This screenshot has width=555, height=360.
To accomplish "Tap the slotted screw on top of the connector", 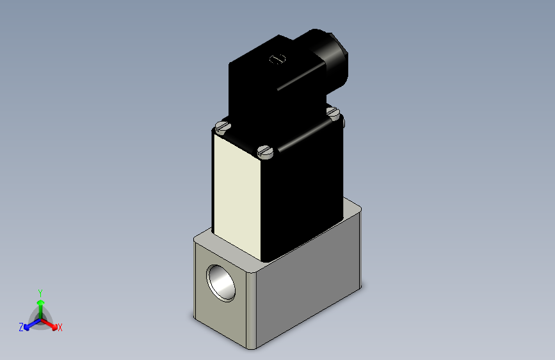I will click(277, 60).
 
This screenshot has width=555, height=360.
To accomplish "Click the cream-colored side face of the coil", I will click(236, 199).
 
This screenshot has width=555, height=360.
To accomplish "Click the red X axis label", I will click(60, 327).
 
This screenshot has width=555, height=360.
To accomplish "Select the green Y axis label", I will click(40, 291).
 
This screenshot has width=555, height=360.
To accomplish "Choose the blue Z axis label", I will click(21, 327).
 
